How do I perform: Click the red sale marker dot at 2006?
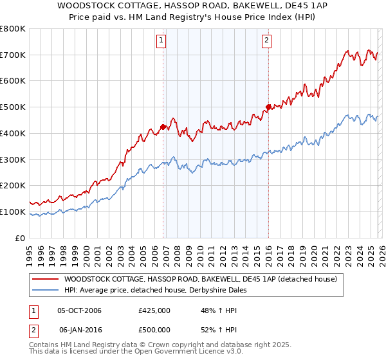point(163,127)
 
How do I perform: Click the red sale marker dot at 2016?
point(268,107)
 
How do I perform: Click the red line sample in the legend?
point(46,279)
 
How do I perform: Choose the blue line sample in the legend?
point(46,290)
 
